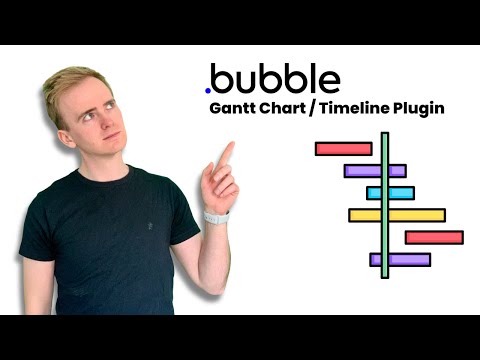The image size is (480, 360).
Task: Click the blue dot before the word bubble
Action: tap(208, 89)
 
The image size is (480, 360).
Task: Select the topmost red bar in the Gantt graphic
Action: tap(343, 149)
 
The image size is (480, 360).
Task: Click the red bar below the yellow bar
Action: tap(434, 237)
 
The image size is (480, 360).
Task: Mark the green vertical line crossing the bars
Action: tap(384, 205)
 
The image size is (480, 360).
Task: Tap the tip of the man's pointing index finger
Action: tap(229, 145)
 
